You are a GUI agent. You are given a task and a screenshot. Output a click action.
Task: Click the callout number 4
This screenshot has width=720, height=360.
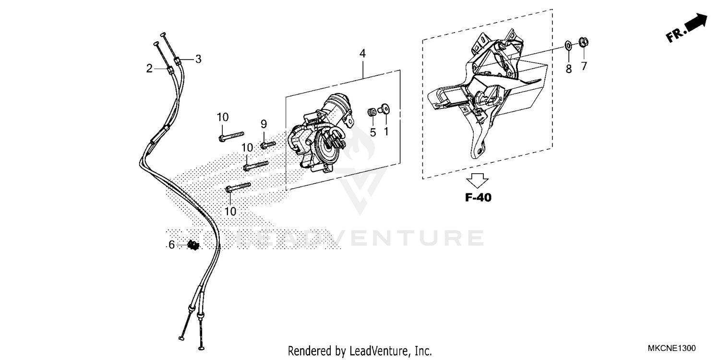(362, 54)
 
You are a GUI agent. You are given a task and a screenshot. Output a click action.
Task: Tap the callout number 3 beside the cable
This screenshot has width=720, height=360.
(198, 60)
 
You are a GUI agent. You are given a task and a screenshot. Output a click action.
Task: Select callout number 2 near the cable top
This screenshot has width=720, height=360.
(149, 69)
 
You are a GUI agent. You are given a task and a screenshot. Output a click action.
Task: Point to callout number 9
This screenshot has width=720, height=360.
(264, 124)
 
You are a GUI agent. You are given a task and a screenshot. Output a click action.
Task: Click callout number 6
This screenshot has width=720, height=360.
(171, 245)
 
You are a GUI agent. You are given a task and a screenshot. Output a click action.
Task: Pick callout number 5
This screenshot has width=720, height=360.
(373, 132)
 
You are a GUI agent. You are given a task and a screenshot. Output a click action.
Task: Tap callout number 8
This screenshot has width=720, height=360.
(569, 69)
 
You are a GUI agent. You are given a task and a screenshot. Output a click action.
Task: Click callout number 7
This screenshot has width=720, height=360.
(584, 66)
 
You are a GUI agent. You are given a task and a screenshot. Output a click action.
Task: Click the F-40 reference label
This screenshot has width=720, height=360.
(478, 197)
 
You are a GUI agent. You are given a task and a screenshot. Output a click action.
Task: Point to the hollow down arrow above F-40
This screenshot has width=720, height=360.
(478, 180)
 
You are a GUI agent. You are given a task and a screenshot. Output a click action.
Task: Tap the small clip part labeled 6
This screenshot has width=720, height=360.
(193, 245)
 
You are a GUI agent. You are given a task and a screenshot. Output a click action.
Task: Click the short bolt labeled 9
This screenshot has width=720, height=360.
(267, 144)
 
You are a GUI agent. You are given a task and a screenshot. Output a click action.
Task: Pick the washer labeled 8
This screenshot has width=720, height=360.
(568, 46)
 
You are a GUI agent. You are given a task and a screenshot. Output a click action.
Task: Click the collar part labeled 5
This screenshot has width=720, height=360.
(372, 112)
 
